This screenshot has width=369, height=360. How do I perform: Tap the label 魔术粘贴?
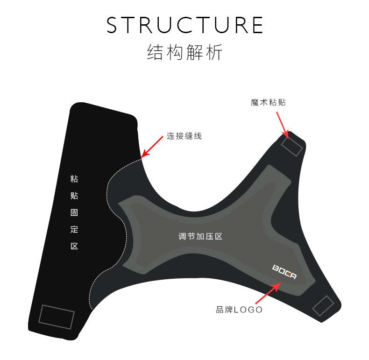tap(268, 102)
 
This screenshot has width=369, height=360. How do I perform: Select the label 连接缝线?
tap(184, 137)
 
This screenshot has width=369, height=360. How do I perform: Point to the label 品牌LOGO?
tap(239, 310)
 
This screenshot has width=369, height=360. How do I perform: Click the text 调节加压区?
tap(200, 236)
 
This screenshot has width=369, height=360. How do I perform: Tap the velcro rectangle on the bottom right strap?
tap(323, 307)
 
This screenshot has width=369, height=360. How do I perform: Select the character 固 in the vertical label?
tap(74, 212)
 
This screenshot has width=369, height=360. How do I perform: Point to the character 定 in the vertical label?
tap(74, 229)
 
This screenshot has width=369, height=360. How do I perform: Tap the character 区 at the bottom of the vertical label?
tap(74, 246)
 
